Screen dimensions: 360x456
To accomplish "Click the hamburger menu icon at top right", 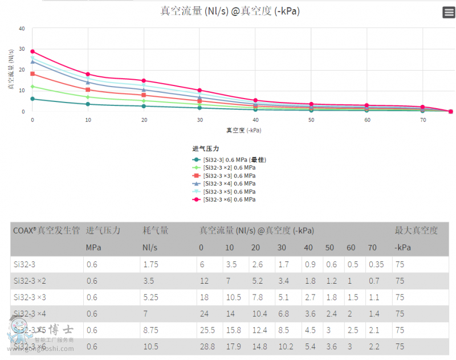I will click(x=448, y=13).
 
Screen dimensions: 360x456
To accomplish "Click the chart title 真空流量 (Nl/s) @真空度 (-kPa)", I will click(x=230, y=11).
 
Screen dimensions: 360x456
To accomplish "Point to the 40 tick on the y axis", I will click(x=22, y=28).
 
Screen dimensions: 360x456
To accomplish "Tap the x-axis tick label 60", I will click(x=367, y=120).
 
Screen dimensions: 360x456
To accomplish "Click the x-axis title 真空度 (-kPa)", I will click(x=243, y=130).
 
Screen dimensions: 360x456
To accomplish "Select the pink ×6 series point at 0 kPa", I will click(x=32, y=51).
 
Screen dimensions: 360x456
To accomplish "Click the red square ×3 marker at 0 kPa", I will click(x=32, y=73).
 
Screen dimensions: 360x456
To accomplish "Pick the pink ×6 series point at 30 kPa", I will click(x=199, y=90).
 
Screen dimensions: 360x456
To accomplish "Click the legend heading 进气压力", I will click(x=206, y=149).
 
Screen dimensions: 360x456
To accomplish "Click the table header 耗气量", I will click(x=155, y=231).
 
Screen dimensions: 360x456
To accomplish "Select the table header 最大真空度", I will click(x=416, y=231).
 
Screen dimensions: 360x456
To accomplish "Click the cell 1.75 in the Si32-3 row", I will click(x=150, y=264).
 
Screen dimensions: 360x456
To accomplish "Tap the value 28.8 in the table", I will click(x=206, y=346).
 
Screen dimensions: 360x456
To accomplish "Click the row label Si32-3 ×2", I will click(x=30, y=281).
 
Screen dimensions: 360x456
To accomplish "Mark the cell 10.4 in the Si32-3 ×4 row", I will click(x=259, y=314).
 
